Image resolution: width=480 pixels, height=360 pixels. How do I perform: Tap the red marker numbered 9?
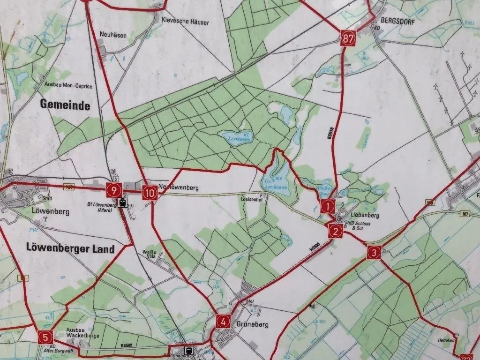114,190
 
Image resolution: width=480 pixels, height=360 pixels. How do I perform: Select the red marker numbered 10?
150,192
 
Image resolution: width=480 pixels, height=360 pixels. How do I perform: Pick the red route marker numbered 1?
328,205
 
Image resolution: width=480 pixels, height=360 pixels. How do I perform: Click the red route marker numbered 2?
335,231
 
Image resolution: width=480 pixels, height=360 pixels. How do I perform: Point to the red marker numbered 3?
374,252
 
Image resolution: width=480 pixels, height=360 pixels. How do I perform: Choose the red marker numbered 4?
224,321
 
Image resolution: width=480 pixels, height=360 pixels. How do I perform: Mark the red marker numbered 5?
45,337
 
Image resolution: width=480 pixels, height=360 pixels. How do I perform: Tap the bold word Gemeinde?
65,105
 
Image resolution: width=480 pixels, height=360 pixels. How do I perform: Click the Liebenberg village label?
364,216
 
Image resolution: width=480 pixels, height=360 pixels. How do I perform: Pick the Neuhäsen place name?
113,35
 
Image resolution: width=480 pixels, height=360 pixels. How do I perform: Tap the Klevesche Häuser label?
185,22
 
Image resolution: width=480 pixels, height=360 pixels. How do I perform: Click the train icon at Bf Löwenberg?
123,202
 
